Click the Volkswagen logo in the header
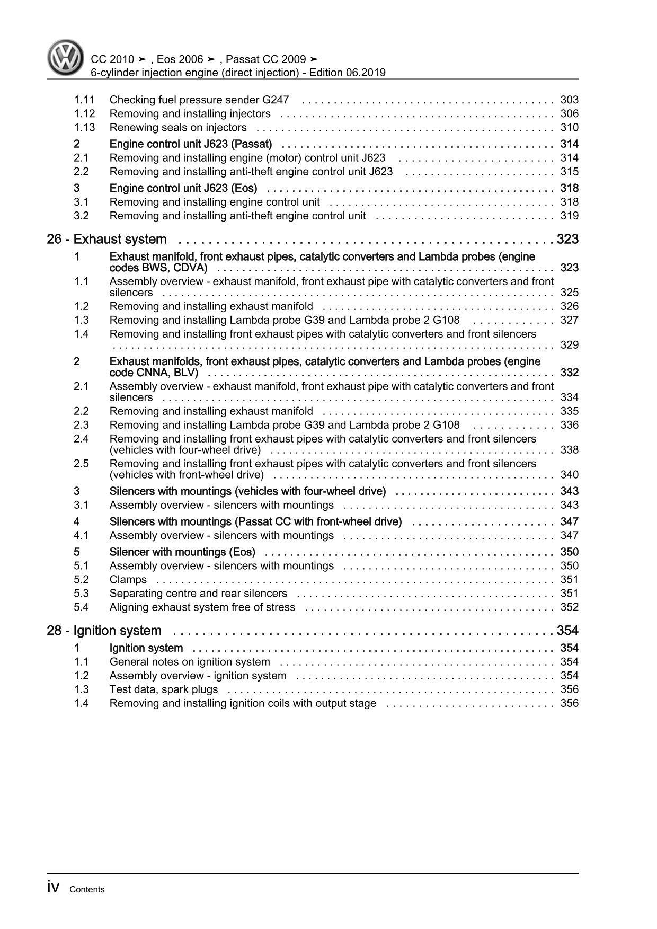[x=65, y=58]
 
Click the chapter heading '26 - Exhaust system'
[x=106, y=240]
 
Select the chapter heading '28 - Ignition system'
[x=104, y=631]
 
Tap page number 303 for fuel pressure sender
[x=569, y=100]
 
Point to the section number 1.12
[x=84, y=113]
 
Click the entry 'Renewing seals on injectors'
[x=177, y=127]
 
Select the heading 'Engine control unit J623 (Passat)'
[x=190, y=144]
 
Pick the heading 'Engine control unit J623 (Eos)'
[x=183, y=188]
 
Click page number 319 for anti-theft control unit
[x=569, y=216]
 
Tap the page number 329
[x=569, y=345]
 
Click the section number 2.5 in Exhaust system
[x=81, y=464]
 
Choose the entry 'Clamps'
[x=128, y=580]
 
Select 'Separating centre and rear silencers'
[x=198, y=594]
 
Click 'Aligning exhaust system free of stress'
[x=202, y=607]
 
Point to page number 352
[x=569, y=607]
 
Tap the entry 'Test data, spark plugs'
[x=163, y=689]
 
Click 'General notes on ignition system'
[x=189, y=662]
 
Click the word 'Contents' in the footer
[x=87, y=890]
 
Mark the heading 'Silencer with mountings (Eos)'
[x=182, y=552]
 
